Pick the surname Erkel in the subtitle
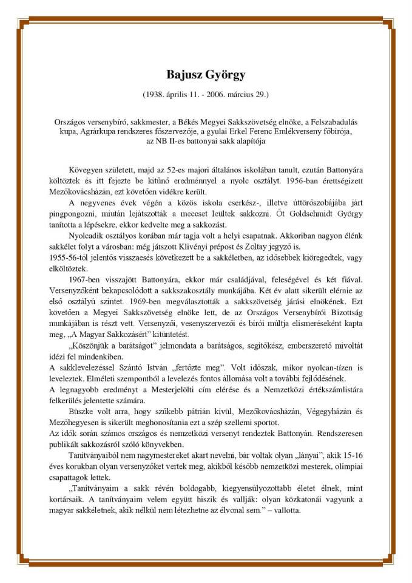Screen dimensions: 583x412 (249, 132)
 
